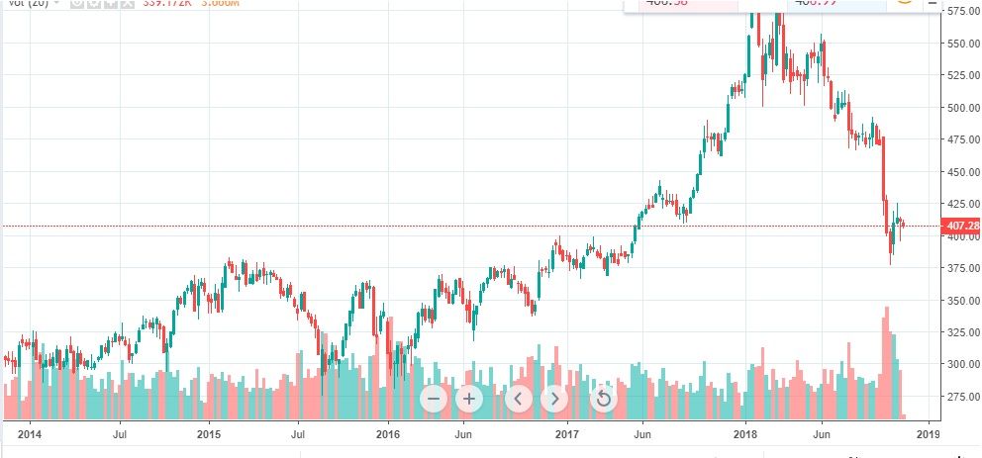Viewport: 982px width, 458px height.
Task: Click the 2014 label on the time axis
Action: coord(30,433)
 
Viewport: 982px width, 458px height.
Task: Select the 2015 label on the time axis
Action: coord(209,433)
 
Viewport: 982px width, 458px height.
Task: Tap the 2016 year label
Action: coord(388,433)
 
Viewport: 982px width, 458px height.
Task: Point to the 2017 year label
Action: coord(567,433)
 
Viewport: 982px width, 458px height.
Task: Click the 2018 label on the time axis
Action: coord(746,433)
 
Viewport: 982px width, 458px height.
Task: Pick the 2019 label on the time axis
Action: coord(928,433)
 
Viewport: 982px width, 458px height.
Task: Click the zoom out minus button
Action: coord(434,399)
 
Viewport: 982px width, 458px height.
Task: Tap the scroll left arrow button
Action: coord(519,399)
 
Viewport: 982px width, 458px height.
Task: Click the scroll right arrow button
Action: coord(554,399)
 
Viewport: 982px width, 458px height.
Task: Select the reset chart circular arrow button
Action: coord(603,399)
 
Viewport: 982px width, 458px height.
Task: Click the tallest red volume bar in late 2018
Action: coord(886,362)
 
